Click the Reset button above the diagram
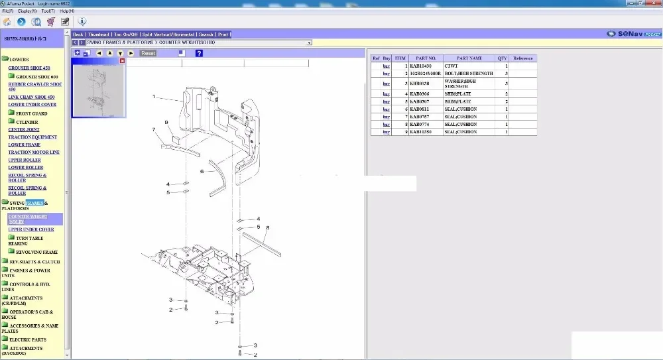(x=148, y=53)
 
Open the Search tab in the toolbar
(x=206, y=34)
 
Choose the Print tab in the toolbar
(x=223, y=34)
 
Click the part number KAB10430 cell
(x=420, y=66)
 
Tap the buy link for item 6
(x=386, y=109)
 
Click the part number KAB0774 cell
(x=420, y=125)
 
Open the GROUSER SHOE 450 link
(x=29, y=68)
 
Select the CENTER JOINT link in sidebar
(x=24, y=130)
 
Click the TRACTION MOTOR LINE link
(x=34, y=152)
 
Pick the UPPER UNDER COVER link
(x=31, y=229)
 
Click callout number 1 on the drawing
(x=154, y=97)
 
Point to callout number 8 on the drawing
(x=267, y=228)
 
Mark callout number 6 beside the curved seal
(x=202, y=171)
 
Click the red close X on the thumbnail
(x=122, y=61)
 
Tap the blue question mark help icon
(x=199, y=53)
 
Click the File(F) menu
(x=8, y=11)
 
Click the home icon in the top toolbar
(x=7, y=22)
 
